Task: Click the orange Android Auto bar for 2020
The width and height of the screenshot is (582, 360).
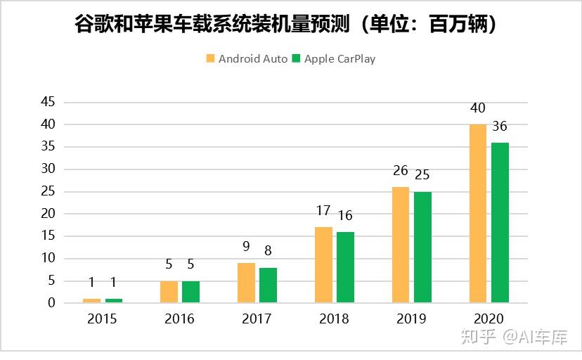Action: pos(478,214)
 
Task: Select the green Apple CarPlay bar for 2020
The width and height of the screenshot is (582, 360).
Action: pos(500,223)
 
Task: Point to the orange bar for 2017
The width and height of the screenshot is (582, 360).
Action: pos(246,283)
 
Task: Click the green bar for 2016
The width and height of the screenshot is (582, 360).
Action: pos(190,292)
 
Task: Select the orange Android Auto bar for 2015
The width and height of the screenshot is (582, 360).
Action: pos(91,300)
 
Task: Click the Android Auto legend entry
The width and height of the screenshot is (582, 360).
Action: pos(247,59)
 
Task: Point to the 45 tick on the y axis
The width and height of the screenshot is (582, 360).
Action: pos(47,102)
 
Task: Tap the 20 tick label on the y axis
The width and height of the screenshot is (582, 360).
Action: pos(47,214)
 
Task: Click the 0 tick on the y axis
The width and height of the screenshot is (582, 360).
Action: pos(51,303)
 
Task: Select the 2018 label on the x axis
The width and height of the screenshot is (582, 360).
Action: pos(334,319)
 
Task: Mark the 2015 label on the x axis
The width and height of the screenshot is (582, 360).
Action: pos(102,319)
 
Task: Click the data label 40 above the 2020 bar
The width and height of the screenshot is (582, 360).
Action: pos(478,108)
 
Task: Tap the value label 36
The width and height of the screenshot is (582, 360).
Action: pos(500,127)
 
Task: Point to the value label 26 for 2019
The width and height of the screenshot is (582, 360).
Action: pos(401,171)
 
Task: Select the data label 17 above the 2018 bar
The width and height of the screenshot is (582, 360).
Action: pos(323,211)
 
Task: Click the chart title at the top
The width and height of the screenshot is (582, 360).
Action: pos(290,25)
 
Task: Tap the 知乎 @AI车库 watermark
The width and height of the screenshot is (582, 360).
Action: pos(514,338)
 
